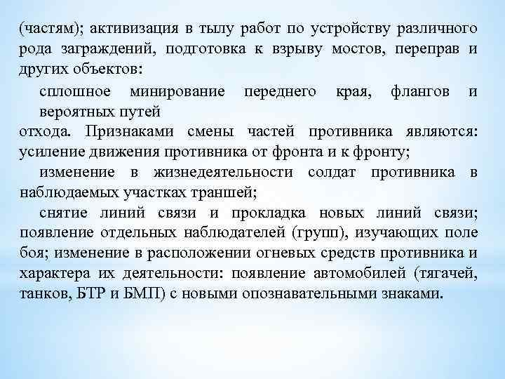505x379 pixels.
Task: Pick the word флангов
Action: pos(415,91)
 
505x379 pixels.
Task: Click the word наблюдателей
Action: pos(234,233)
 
